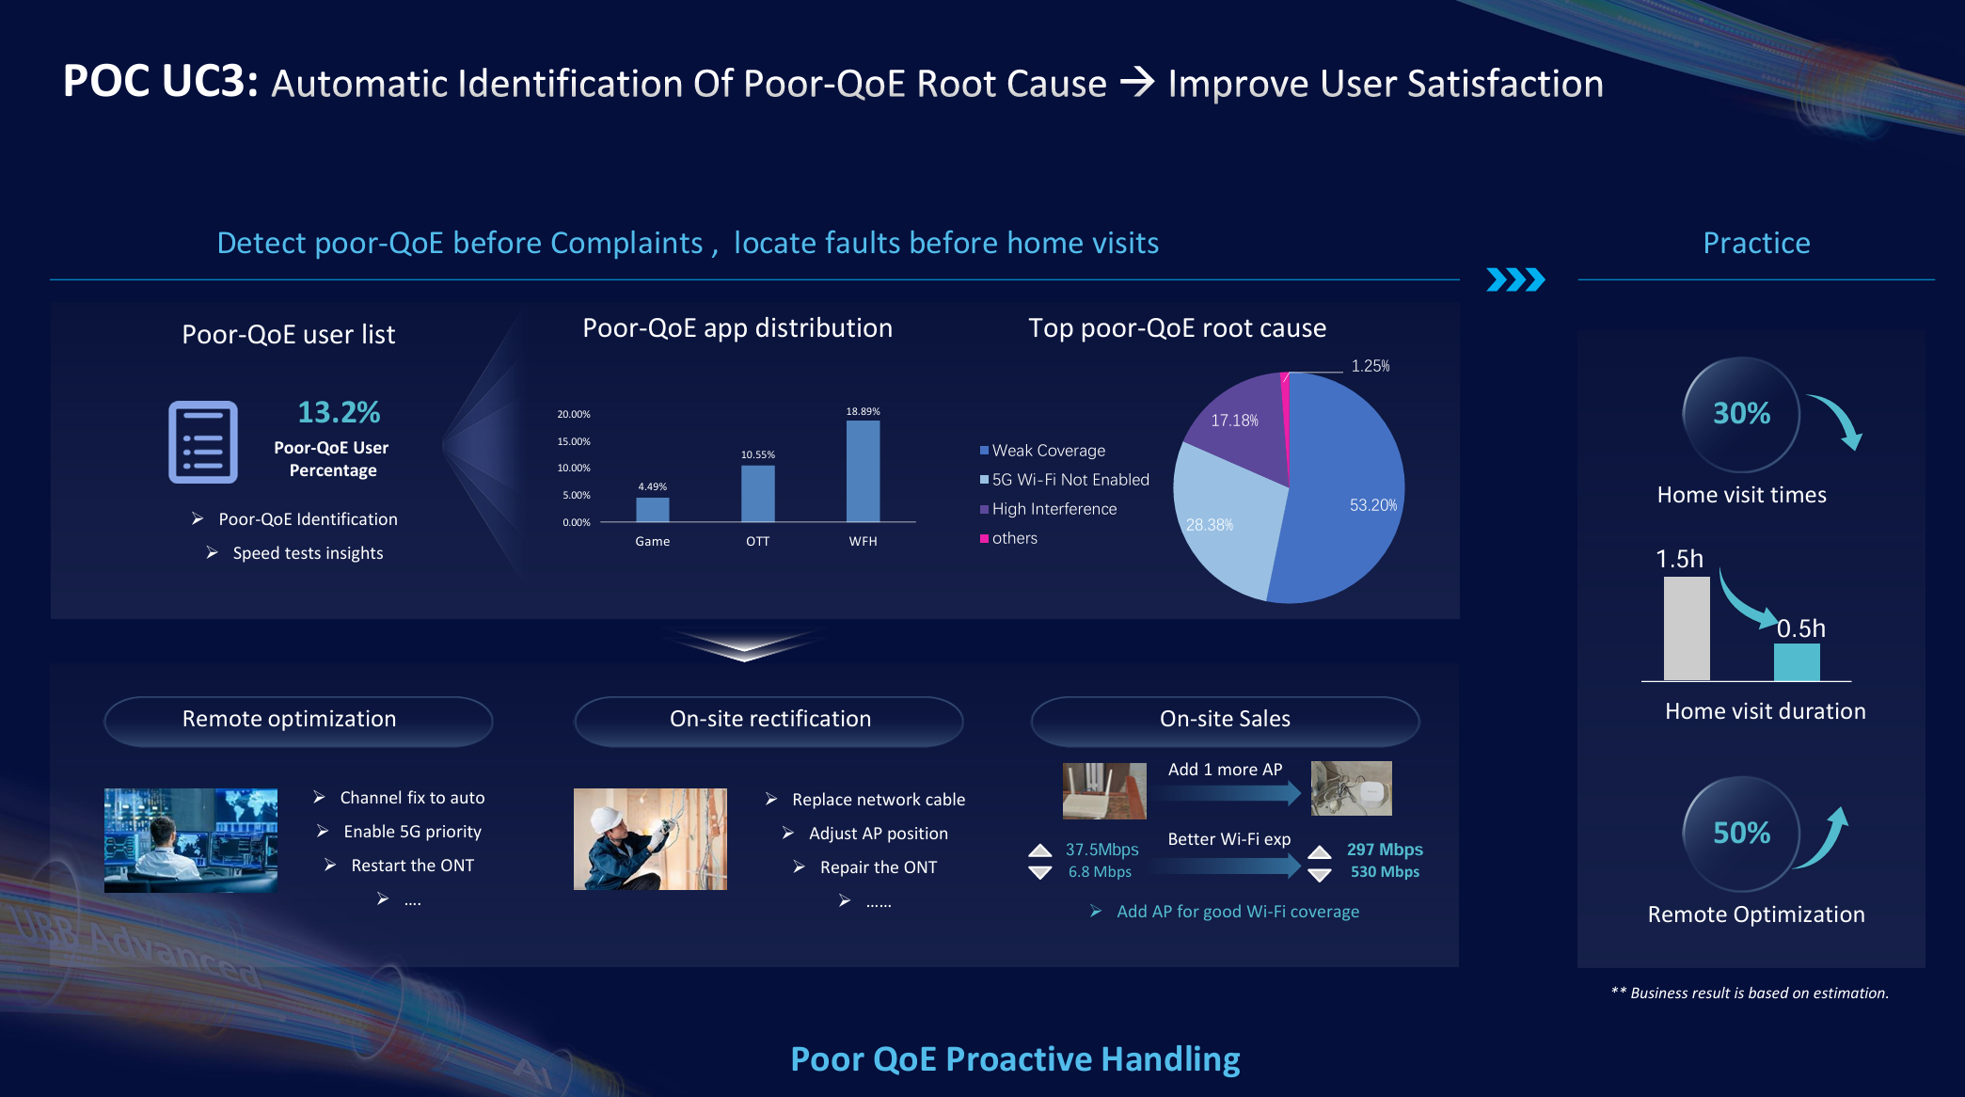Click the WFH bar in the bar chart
point(863,470)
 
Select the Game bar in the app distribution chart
point(652,509)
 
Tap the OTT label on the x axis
point(757,541)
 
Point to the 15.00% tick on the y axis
point(574,441)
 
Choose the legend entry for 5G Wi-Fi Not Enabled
point(1065,480)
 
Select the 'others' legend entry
point(1008,538)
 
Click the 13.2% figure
point(339,412)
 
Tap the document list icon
point(203,442)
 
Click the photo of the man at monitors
point(191,840)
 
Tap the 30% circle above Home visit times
point(1741,414)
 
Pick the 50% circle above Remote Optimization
point(1741,834)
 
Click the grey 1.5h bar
point(1687,628)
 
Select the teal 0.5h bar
point(1797,662)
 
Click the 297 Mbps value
point(1385,850)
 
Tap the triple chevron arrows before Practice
point(1515,279)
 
